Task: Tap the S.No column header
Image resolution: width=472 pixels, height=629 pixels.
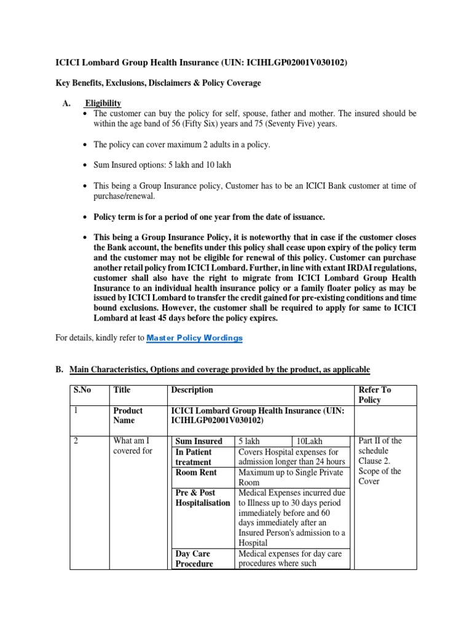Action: pyautogui.click(x=81, y=390)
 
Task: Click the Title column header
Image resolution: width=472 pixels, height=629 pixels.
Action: pyautogui.click(x=122, y=390)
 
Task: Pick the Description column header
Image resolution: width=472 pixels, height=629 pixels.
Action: pyautogui.click(x=193, y=390)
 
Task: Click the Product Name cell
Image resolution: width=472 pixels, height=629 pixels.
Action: pyautogui.click(x=128, y=415)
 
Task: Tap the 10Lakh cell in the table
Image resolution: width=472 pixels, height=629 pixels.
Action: pyautogui.click(x=309, y=441)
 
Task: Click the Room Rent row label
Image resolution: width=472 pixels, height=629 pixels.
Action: pyautogui.click(x=194, y=473)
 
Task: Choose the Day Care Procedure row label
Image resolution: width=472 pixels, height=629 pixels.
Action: pyautogui.click(x=194, y=559)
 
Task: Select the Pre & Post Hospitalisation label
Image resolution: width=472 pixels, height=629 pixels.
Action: pyautogui.click(x=202, y=498)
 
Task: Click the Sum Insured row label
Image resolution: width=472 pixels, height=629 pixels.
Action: pyautogui.click(x=199, y=441)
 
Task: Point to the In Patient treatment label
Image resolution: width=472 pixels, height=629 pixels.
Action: pyautogui.click(x=194, y=457)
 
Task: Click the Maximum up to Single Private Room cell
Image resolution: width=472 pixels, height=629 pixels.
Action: pyautogui.click(x=292, y=478)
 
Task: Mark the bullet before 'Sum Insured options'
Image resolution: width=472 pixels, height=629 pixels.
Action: pyautogui.click(x=85, y=166)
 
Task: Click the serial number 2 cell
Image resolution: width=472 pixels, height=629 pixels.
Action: pyautogui.click(x=76, y=441)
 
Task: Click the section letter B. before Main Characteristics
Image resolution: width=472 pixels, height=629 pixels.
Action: pyautogui.click(x=60, y=369)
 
